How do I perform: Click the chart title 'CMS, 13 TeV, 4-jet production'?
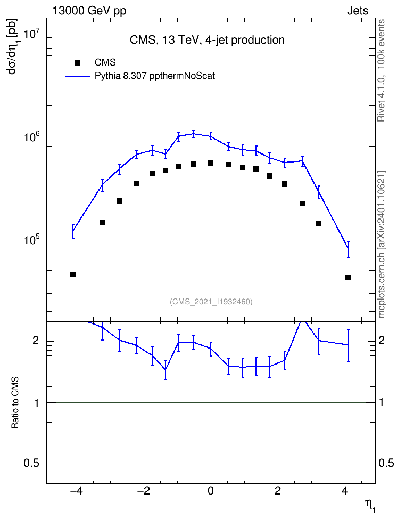click(207, 40)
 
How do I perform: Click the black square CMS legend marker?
click(77, 63)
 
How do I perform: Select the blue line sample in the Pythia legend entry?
click(78, 76)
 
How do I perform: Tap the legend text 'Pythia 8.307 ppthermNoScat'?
click(155, 76)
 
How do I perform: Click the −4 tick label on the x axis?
click(76, 491)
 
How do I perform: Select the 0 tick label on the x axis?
click(211, 491)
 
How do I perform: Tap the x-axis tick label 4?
click(345, 491)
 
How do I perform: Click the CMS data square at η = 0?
click(211, 163)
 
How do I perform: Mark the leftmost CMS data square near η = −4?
click(73, 274)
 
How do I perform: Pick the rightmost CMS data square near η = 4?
click(348, 278)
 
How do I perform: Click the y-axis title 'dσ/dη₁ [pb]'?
click(13, 46)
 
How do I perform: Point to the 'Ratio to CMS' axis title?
click(15, 402)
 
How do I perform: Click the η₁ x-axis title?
click(370, 505)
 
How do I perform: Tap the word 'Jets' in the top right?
click(358, 11)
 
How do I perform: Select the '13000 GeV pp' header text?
click(89, 11)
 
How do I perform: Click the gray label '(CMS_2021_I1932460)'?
click(211, 302)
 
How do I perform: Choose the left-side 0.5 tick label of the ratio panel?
click(32, 464)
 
